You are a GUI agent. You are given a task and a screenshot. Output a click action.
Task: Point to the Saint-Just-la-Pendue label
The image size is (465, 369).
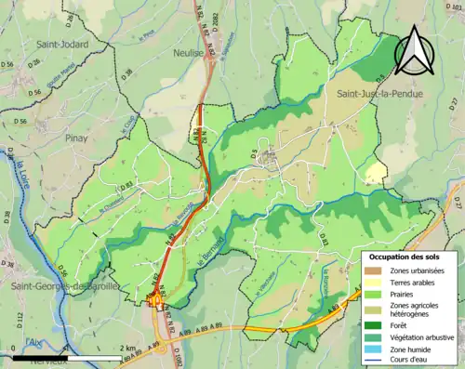(x=376, y=94)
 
